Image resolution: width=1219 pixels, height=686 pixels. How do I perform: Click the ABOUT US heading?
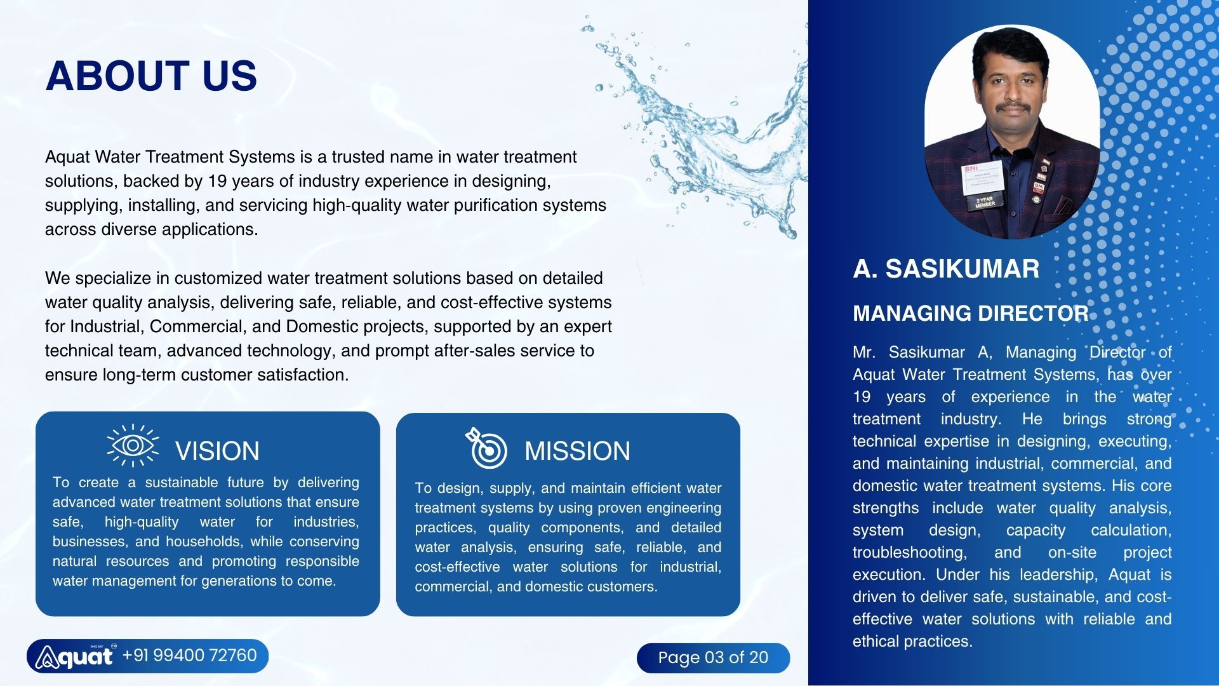[151, 76]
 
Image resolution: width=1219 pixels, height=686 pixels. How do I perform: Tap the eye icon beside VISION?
[133, 445]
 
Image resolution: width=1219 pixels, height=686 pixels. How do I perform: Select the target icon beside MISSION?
[486, 448]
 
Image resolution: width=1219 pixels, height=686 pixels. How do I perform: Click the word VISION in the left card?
[217, 451]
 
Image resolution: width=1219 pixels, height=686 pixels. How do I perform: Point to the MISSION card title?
[577, 451]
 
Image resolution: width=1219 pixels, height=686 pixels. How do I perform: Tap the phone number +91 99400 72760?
[189, 656]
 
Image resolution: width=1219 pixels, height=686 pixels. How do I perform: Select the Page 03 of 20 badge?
[713, 657]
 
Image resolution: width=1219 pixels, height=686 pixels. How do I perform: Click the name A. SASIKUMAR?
[946, 269]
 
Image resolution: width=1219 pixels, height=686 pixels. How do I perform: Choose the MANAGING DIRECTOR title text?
[970, 313]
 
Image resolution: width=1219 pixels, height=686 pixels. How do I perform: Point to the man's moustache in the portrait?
[1012, 107]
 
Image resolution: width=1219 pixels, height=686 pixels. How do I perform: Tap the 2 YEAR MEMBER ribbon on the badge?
[985, 202]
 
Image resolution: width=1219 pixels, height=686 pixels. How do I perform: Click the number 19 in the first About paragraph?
[217, 181]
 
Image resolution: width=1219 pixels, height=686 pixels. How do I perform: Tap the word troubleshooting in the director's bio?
[909, 553]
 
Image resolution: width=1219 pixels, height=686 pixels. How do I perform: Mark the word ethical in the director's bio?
[877, 642]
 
